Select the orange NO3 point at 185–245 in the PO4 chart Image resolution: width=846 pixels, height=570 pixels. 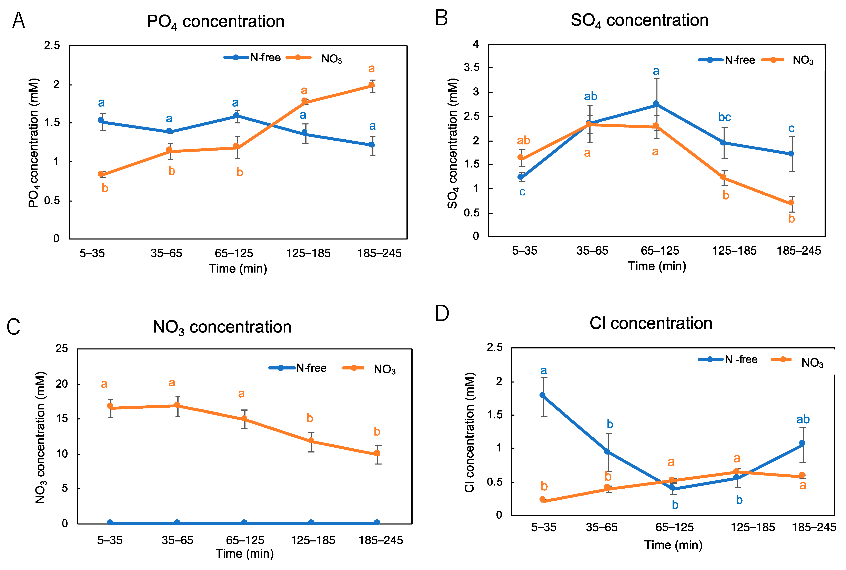(x=372, y=85)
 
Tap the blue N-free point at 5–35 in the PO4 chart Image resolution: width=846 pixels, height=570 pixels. (x=101, y=120)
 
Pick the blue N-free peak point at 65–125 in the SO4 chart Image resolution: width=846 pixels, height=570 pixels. (x=655, y=104)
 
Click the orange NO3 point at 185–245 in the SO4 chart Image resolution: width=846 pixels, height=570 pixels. (x=791, y=203)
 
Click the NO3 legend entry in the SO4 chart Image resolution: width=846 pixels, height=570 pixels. (x=802, y=60)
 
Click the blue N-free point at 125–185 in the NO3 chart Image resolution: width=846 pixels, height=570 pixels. (x=311, y=522)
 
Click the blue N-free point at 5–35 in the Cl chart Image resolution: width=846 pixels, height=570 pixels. (x=542, y=395)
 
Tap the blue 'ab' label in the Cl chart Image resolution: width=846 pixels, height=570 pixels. (x=803, y=419)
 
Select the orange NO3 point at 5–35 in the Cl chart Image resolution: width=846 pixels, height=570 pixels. (x=542, y=499)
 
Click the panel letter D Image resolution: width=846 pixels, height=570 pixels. (x=442, y=313)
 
